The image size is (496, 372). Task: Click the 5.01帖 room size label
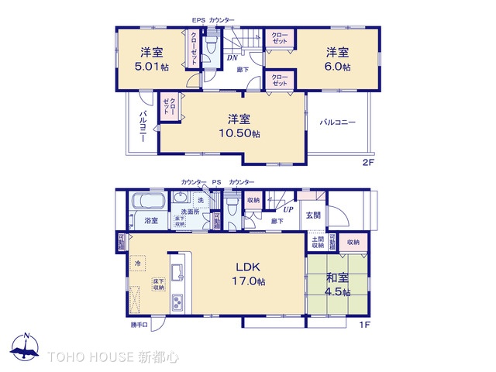tap(151, 67)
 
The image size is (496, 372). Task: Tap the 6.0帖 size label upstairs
tap(337, 67)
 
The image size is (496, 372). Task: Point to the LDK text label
tap(250, 267)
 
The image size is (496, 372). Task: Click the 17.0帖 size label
tap(250, 283)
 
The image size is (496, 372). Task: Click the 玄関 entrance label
tap(313, 215)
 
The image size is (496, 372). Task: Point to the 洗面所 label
tap(190, 212)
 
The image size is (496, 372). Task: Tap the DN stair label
tap(232, 57)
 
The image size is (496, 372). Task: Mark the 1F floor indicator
tap(363, 325)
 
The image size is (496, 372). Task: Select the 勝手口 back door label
tap(139, 325)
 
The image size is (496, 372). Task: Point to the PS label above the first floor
tap(216, 181)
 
